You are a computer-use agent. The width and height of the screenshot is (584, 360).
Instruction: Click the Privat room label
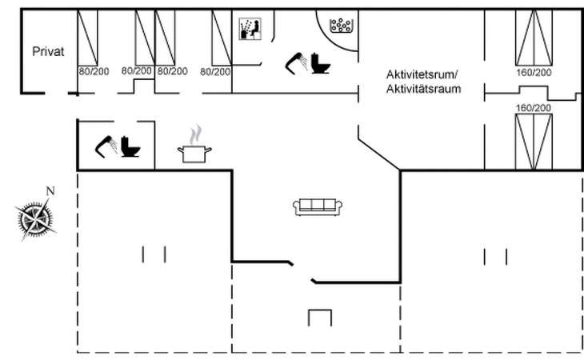pyautogui.click(x=48, y=51)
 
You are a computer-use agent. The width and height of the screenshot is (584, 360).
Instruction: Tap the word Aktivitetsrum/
pyautogui.click(x=423, y=74)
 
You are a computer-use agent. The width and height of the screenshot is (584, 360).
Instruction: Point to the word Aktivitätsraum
pyautogui.click(x=423, y=89)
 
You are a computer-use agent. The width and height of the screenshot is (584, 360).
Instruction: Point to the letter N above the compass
pyautogui.click(x=50, y=191)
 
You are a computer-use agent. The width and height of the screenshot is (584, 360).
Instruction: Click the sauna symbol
pyautogui.click(x=250, y=27)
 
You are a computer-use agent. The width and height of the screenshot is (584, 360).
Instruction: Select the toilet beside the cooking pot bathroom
pyautogui.click(x=130, y=147)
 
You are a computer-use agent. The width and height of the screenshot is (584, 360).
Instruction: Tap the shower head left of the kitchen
pyautogui.click(x=106, y=145)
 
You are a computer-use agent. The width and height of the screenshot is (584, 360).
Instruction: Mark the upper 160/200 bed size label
pyautogui.click(x=533, y=73)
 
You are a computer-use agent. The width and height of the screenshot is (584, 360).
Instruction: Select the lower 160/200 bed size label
pyautogui.click(x=533, y=107)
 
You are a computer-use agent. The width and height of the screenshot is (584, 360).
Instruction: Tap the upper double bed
pyautogui.click(x=533, y=38)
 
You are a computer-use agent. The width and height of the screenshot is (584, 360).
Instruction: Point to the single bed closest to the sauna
pyautogui.click(x=221, y=38)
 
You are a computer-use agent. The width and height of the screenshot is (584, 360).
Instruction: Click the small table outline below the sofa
pyautogui.click(x=319, y=317)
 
